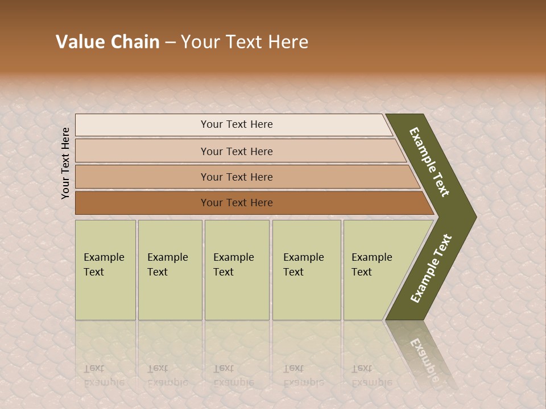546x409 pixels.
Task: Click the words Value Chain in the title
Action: point(107,42)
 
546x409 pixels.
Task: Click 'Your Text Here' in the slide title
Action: point(245,42)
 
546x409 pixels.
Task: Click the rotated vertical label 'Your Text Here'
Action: point(65,163)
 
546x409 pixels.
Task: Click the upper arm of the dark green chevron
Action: point(429,162)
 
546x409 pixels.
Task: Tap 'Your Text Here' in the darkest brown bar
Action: point(237,203)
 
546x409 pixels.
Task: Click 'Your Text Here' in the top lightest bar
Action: point(237,124)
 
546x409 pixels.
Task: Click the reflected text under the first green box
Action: point(104,375)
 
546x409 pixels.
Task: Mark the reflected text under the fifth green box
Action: point(371,375)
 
